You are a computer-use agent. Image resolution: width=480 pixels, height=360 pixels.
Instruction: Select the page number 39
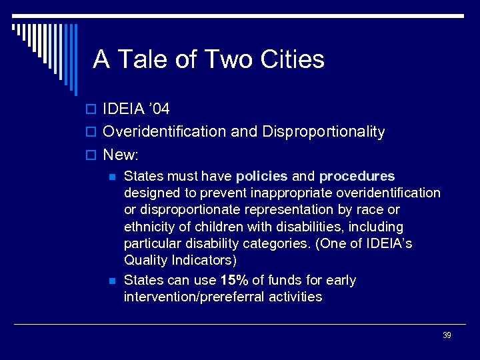(x=447, y=335)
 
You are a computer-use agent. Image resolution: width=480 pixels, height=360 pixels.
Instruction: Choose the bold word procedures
(x=357, y=176)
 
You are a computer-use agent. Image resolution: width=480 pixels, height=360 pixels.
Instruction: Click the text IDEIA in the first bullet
(x=122, y=109)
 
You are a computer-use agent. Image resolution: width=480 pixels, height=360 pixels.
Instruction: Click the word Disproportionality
(x=323, y=132)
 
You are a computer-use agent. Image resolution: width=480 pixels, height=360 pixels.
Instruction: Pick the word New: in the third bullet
(x=121, y=155)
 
